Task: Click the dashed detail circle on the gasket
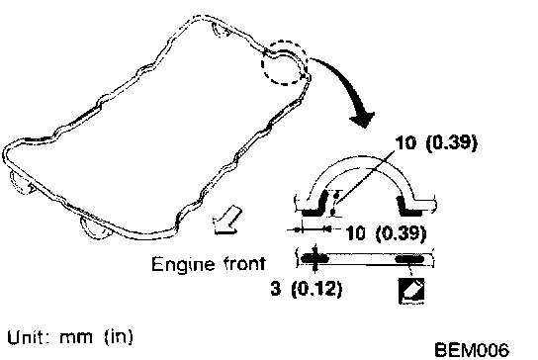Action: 262,65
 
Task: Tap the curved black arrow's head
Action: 363,120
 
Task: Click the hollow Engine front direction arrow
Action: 227,221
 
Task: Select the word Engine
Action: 182,265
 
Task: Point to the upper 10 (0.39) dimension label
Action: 436,142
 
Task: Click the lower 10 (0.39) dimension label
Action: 386,233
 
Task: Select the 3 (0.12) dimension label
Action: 306,289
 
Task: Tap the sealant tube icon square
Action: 411,291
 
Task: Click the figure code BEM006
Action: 472,350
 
